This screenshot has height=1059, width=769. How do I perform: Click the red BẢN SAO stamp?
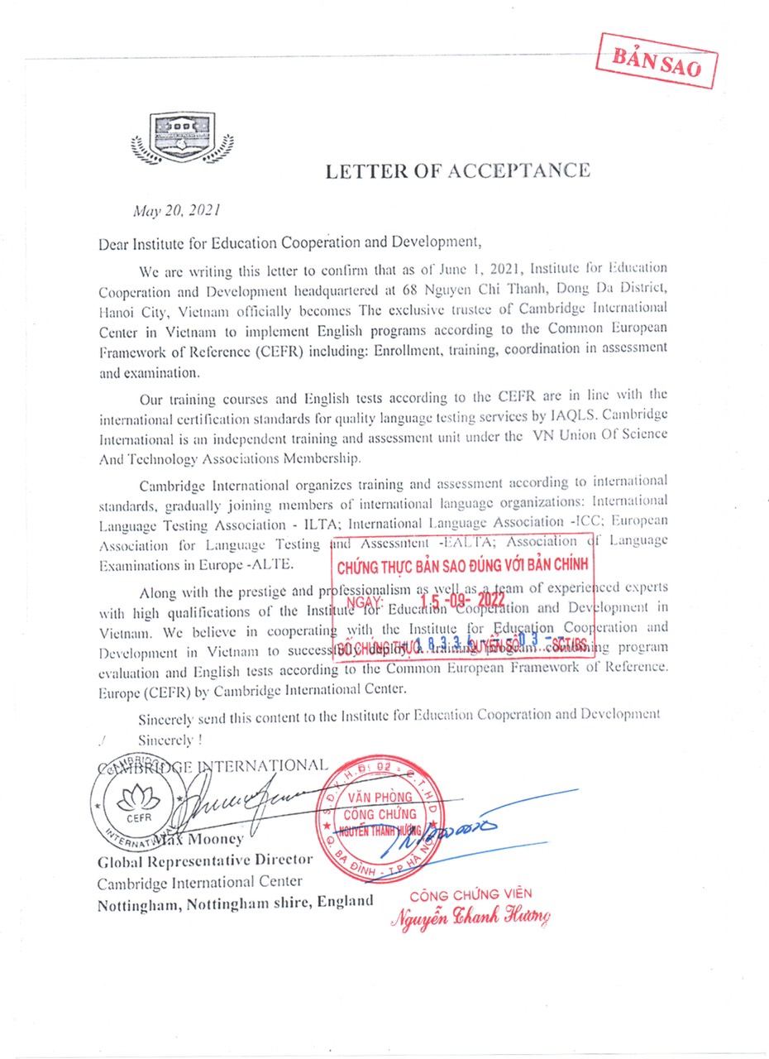point(657,61)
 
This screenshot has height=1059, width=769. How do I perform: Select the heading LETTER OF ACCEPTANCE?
point(457,171)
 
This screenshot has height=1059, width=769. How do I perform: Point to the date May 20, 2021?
point(177,210)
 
